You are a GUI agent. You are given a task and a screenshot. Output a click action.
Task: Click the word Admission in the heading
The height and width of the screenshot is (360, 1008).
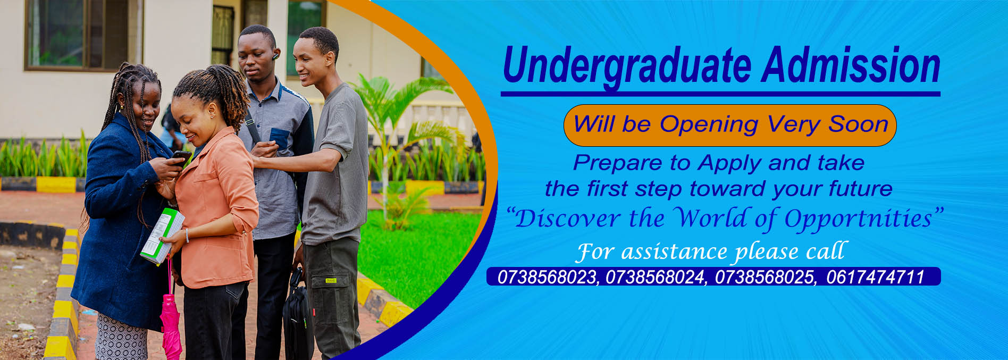[850, 65]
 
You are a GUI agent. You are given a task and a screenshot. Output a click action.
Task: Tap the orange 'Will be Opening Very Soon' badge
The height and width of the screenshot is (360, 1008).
[730, 125]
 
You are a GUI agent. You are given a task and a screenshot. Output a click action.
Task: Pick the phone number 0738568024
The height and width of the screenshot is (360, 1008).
[656, 277]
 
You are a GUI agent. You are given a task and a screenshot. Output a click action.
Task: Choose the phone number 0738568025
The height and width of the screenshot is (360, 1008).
[765, 277]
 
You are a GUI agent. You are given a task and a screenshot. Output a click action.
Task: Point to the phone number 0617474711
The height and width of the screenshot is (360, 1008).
[876, 277]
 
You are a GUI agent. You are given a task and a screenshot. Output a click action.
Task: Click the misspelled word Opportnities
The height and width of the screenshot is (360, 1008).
[858, 219]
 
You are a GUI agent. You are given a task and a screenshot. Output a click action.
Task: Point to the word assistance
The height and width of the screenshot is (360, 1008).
[674, 252]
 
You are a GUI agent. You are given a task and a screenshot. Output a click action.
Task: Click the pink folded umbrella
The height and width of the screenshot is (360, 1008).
[171, 324]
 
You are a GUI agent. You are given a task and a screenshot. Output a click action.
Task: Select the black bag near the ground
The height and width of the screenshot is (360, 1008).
[297, 319]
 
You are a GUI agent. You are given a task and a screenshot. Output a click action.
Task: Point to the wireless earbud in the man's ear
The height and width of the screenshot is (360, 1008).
[275, 55]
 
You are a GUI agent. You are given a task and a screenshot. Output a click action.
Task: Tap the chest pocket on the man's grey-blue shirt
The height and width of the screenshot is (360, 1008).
[279, 137]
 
